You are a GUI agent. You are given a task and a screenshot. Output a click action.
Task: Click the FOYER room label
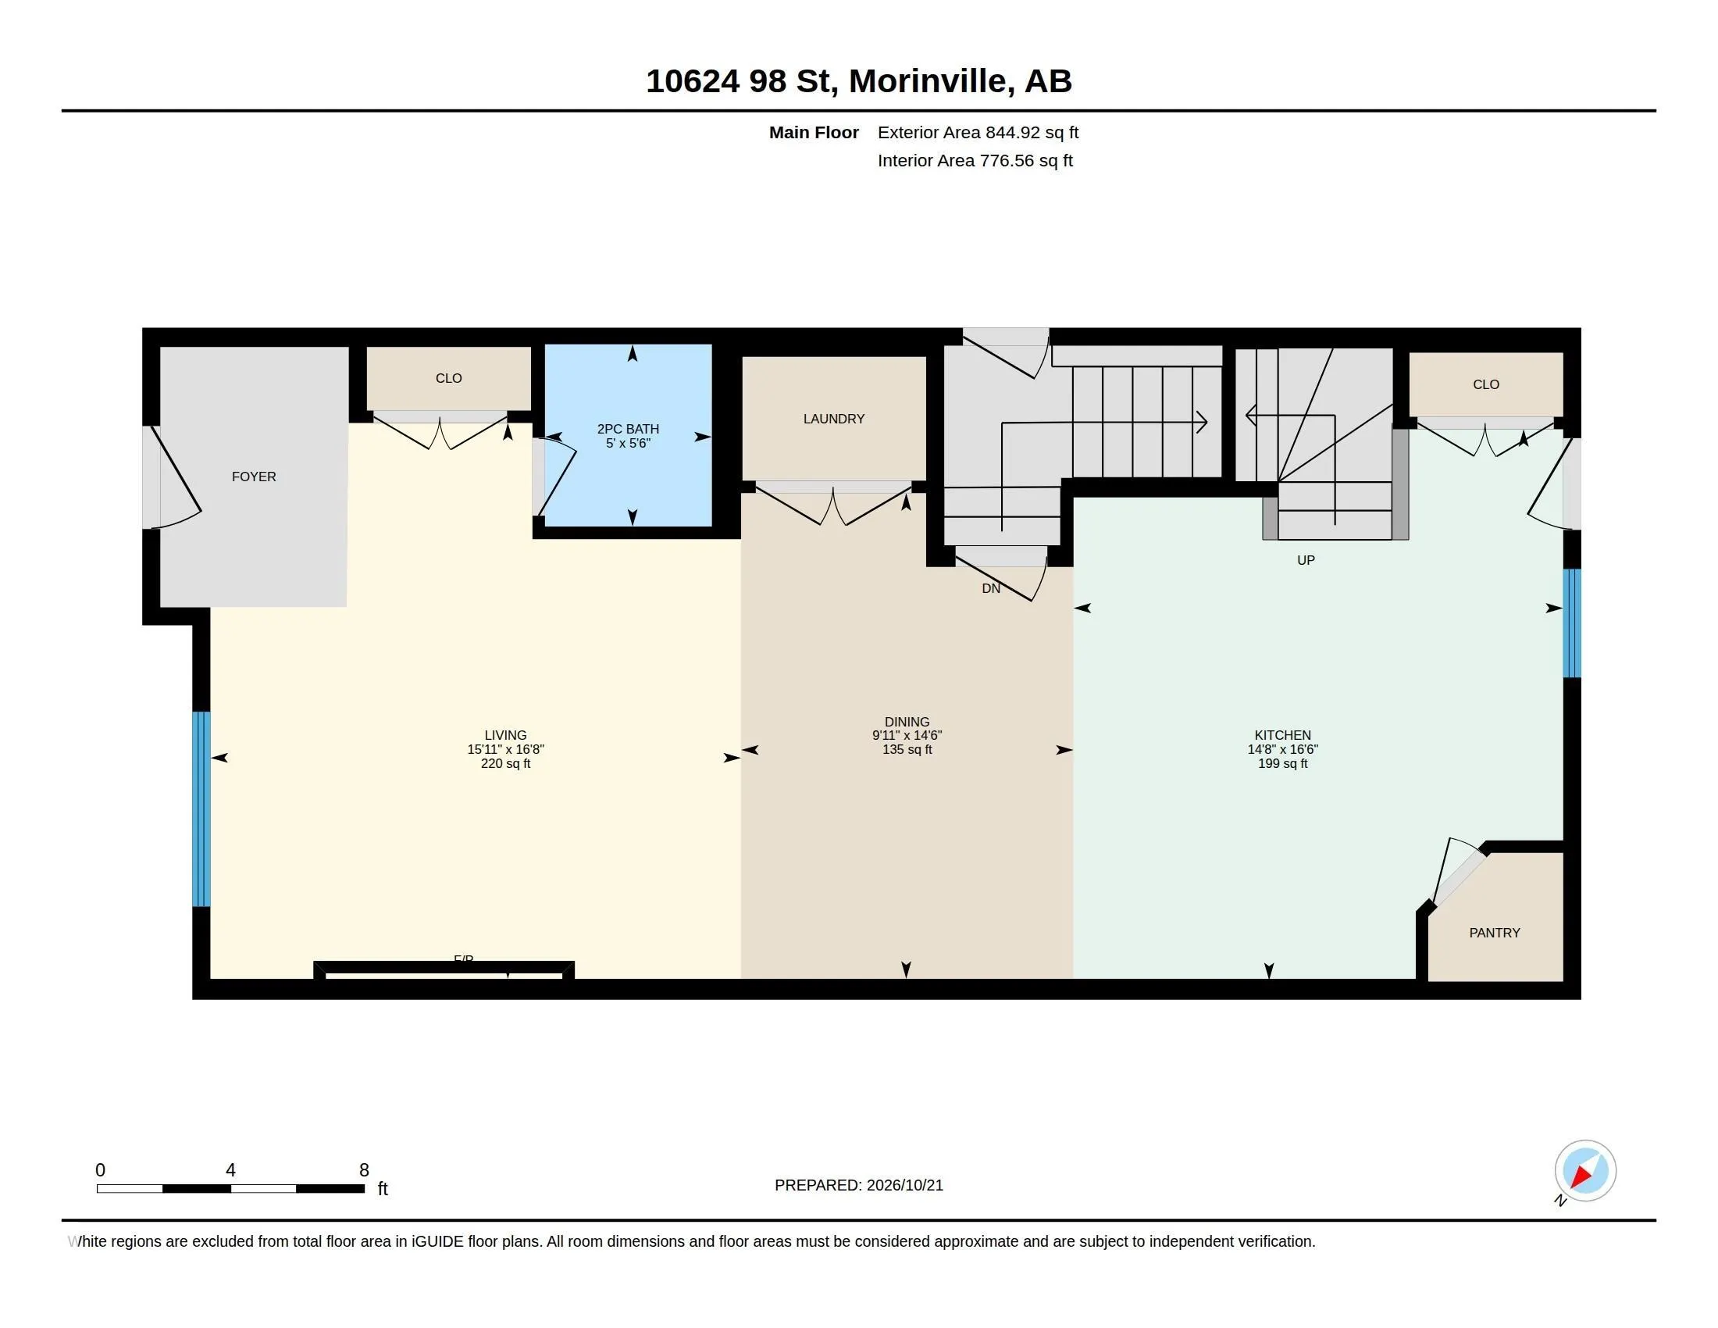coord(253,477)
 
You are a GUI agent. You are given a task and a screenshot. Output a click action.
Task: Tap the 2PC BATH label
coord(628,429)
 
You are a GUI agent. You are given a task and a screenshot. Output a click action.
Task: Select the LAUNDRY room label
coord(834,419)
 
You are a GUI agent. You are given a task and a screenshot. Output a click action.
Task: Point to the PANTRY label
coord(1494,933)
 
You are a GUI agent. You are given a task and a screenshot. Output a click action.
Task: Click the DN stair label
coord(991,588)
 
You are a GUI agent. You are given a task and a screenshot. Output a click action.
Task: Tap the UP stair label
coord(1306,560)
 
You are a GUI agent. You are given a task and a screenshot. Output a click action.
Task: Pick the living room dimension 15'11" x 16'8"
coord(506,750)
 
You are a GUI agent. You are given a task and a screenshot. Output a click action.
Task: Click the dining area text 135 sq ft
coord(907,750)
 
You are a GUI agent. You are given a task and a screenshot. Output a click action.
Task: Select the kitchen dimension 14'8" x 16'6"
coord(1282,750)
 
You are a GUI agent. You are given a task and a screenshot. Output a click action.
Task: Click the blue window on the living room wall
coord(201,809)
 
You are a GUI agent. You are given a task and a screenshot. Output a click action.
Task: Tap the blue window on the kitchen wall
coord(1572,623)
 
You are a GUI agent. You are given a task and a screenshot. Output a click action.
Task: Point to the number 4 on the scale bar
coord(230,1170)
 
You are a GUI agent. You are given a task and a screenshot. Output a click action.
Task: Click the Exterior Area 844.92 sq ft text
coord(978,133)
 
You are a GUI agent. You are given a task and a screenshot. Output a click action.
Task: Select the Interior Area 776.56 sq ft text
coord(975,161)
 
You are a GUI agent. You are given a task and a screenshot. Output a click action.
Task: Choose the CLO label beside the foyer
coord(448,378)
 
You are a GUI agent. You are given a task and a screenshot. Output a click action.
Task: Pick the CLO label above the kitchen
coord(1486,384)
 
